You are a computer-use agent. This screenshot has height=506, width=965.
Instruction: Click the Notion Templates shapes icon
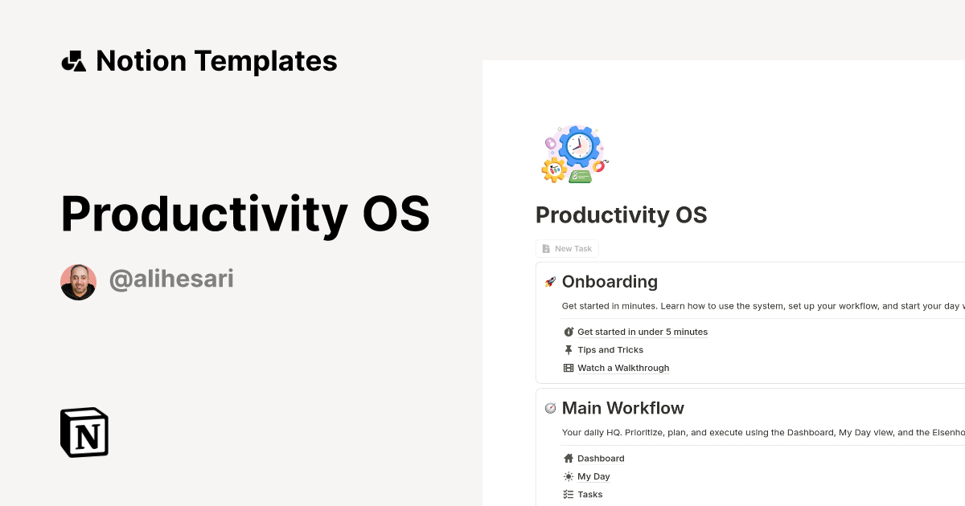click(73, 61)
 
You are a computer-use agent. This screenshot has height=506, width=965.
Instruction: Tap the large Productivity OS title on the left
click(245, 214)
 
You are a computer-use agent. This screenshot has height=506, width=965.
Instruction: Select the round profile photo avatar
click(78, 282)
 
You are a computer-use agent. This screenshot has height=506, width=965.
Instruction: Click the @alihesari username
click(171, 280)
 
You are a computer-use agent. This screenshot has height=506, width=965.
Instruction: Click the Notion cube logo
click(84, 432)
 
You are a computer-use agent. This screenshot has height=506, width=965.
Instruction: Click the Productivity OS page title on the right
click(621, 215)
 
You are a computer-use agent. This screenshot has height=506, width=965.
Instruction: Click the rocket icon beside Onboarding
click(550, 282)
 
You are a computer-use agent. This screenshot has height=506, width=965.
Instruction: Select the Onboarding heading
click(610, 282)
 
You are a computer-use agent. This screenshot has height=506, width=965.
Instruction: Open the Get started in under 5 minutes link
click(642, 332)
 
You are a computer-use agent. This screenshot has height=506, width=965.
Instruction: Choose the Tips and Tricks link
click(610, 350)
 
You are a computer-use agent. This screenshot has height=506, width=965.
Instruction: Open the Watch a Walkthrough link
click(622, 368)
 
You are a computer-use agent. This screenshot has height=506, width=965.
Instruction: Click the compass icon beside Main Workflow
click(550, 408)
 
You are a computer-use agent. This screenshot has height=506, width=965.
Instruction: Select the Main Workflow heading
click(622, 408)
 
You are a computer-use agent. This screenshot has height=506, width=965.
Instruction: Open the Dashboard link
click(601, 459)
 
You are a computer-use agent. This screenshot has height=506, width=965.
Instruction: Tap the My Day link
click(593, 476)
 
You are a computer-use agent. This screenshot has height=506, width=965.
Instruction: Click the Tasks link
click(589, 495)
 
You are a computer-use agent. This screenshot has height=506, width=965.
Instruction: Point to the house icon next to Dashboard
click(569, 459)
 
